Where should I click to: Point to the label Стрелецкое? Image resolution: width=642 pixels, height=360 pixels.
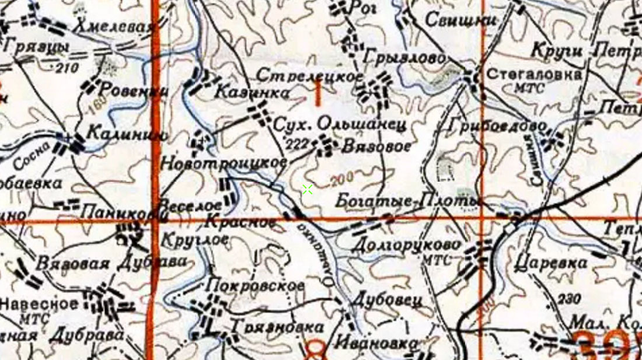click(310, 76)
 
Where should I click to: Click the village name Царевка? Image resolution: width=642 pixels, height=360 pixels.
click(552, 263)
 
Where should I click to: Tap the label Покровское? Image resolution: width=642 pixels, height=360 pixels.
click(256, 286)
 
